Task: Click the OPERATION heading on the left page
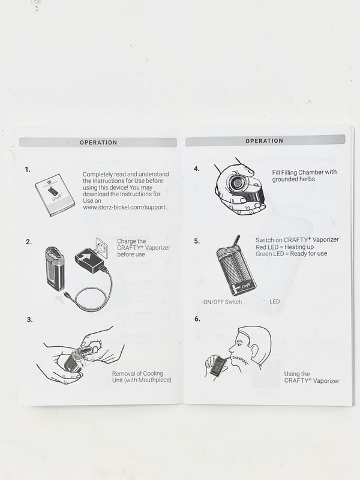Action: click(98, 143)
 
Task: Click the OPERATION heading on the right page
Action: click(264, 141)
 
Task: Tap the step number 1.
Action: click(28, 170)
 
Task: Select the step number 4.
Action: click(197, 169)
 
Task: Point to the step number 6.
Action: click(197, 319)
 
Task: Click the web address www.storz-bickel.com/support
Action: click(125, 207)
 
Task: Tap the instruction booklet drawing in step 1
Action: click(55, 196)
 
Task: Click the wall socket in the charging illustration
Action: click(101, 245)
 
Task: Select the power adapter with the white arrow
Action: click(89, 260)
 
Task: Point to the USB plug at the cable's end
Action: click(67, 295)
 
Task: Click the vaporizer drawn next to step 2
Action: click(55, 268)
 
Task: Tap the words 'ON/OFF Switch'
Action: click(223, 302)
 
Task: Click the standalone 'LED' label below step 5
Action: click(275, 302)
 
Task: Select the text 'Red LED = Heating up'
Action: click(284, 247)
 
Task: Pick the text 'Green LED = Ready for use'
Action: click(292, 253)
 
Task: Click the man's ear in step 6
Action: click(254, 350)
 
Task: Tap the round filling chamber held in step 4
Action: click(236, 183)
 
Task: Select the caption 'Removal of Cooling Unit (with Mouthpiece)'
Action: click(142, 377)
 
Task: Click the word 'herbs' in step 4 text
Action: click(307, 179)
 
